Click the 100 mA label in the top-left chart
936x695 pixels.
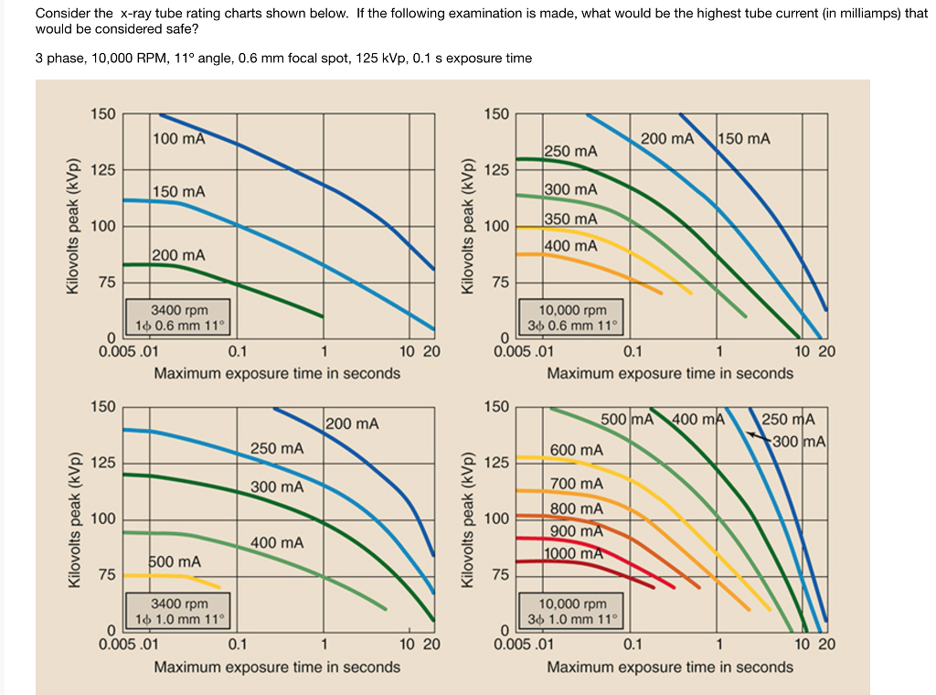178,139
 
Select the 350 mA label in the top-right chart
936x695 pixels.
570,219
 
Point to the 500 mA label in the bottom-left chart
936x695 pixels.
175,561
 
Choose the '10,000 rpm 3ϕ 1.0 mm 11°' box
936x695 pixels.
572,611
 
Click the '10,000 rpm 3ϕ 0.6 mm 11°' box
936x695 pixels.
572,317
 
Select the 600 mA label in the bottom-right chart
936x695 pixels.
576,450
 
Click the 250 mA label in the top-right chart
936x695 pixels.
570,151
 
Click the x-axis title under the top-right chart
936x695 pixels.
670,373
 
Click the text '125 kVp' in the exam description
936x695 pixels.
374,59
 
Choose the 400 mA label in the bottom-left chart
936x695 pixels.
277,543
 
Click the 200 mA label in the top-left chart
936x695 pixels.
178,255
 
